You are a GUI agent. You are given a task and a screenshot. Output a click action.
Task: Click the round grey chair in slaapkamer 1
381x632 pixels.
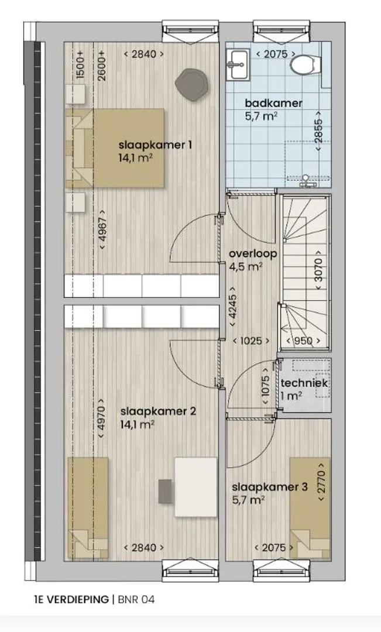point(192,84)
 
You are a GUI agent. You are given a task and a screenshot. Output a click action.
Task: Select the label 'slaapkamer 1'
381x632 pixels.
point(155,145)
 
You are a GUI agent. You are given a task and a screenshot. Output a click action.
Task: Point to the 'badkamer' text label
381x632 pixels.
point(273,103)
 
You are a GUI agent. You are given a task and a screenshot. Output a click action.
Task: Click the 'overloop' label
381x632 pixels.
point(253,254)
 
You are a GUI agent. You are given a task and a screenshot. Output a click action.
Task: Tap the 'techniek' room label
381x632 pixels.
point(304,383)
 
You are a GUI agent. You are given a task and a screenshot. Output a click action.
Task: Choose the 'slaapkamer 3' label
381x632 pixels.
point(270,487)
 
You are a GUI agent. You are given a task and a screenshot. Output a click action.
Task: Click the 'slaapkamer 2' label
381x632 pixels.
point(159,411)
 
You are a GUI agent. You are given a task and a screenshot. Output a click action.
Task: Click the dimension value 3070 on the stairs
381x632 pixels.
point(318,269)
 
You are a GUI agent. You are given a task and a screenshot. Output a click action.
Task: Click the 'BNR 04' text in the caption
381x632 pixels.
point(136,599)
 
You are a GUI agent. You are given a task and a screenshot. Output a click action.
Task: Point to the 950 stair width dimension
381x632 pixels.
point(303,341)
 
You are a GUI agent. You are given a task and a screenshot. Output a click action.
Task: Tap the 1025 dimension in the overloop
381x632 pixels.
point(251,341)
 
